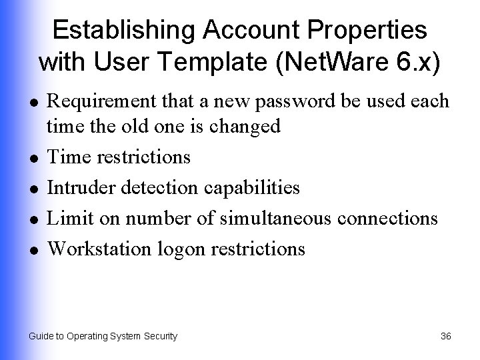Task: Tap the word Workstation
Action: tap(101, 249)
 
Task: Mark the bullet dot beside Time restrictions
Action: tap(33, 158)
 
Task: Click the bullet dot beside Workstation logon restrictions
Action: tap(33, 250)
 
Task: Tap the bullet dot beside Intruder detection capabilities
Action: tap(33, 189)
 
